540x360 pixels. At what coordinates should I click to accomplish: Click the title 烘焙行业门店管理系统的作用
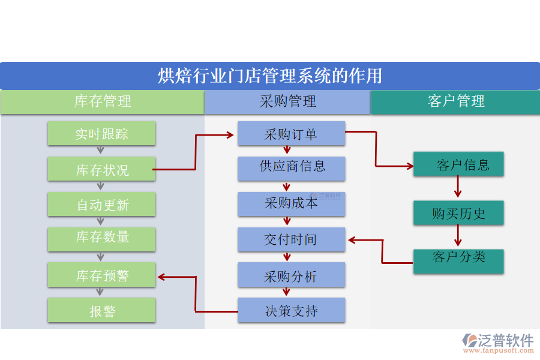270,76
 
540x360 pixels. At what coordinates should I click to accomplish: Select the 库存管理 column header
102,101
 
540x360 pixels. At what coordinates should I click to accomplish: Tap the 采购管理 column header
287,101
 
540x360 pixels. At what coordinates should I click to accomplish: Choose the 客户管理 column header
455,101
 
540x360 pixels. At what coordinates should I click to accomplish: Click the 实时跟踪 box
101,133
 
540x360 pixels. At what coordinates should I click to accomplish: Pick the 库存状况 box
101,170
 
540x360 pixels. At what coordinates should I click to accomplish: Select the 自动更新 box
101,205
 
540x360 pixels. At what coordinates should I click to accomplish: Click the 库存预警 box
101,276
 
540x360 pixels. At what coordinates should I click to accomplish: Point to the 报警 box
101,311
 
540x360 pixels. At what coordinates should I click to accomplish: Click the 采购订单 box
291,134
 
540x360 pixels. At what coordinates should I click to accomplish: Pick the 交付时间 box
291,240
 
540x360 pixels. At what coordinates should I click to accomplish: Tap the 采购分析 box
291,275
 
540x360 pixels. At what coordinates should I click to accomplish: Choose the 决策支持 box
291,310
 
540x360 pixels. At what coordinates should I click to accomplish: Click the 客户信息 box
458,164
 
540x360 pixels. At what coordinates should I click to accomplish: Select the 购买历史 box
458,213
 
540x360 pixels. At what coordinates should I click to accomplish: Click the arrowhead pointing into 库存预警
161,277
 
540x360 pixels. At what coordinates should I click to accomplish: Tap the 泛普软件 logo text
505,340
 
